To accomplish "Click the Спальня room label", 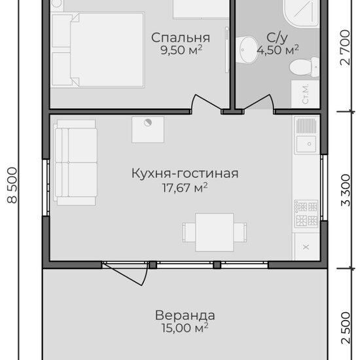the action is click(181, 38).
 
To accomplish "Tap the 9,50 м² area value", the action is click(181, 50).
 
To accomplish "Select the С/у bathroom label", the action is click(277, 38).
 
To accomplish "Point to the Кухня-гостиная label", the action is click(185, 173).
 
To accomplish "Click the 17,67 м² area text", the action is click(185, 188).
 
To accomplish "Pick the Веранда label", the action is click(185, 315).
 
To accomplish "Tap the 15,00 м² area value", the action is click(185, 328).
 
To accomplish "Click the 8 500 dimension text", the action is click(12, 185).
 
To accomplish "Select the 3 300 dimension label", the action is click(346, 190).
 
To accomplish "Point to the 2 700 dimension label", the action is click(346, 48).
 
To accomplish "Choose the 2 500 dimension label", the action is click(346, 328).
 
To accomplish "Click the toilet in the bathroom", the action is click(304, 67).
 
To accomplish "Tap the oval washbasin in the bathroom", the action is click(247, 50).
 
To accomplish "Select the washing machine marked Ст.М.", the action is click(306, 94).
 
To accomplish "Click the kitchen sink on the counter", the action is click(306, 144).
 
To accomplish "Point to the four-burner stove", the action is click(306, 213).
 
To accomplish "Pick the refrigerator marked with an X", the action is click(306, 247).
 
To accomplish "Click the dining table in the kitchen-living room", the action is click(215, 232).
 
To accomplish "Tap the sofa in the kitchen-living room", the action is click(75, 162).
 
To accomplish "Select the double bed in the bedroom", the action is click(98, 50).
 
